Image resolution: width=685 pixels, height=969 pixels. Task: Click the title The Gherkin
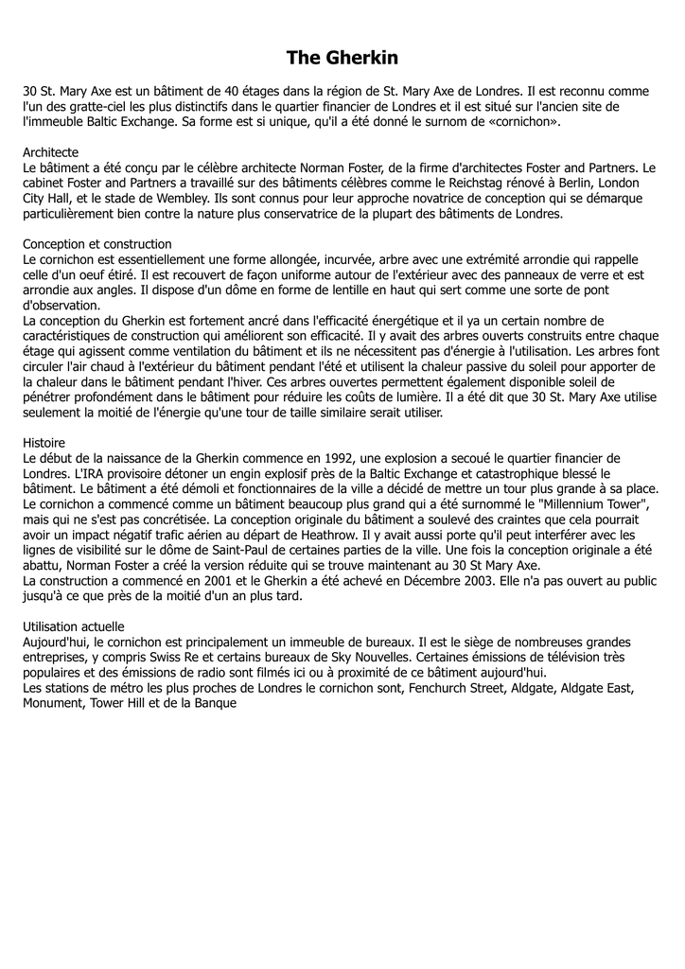coord(342,59)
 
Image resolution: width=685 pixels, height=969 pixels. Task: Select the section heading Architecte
coord(50,151)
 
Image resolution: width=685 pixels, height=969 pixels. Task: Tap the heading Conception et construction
coord(97,243)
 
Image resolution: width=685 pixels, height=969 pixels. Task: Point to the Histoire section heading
coord(44,442)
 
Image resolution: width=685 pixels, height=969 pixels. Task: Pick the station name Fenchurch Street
coord(456,688)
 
